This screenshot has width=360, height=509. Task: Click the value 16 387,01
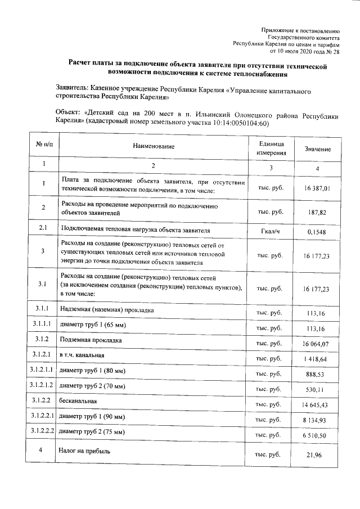coord(316,188)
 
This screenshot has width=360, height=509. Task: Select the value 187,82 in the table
coord(317,212)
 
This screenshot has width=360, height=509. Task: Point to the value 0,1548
coord(317,231)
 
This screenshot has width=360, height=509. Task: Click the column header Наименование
coord(150,146)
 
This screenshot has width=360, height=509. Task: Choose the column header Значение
coord(317,148)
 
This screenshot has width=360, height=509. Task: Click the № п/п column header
coord(44,145)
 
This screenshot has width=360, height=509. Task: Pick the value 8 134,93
coord(317,419)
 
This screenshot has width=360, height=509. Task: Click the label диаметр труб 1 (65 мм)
coord(93,326)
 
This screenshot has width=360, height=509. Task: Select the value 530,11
coord(317,389)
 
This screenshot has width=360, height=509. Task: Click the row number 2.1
coord(44,229)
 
